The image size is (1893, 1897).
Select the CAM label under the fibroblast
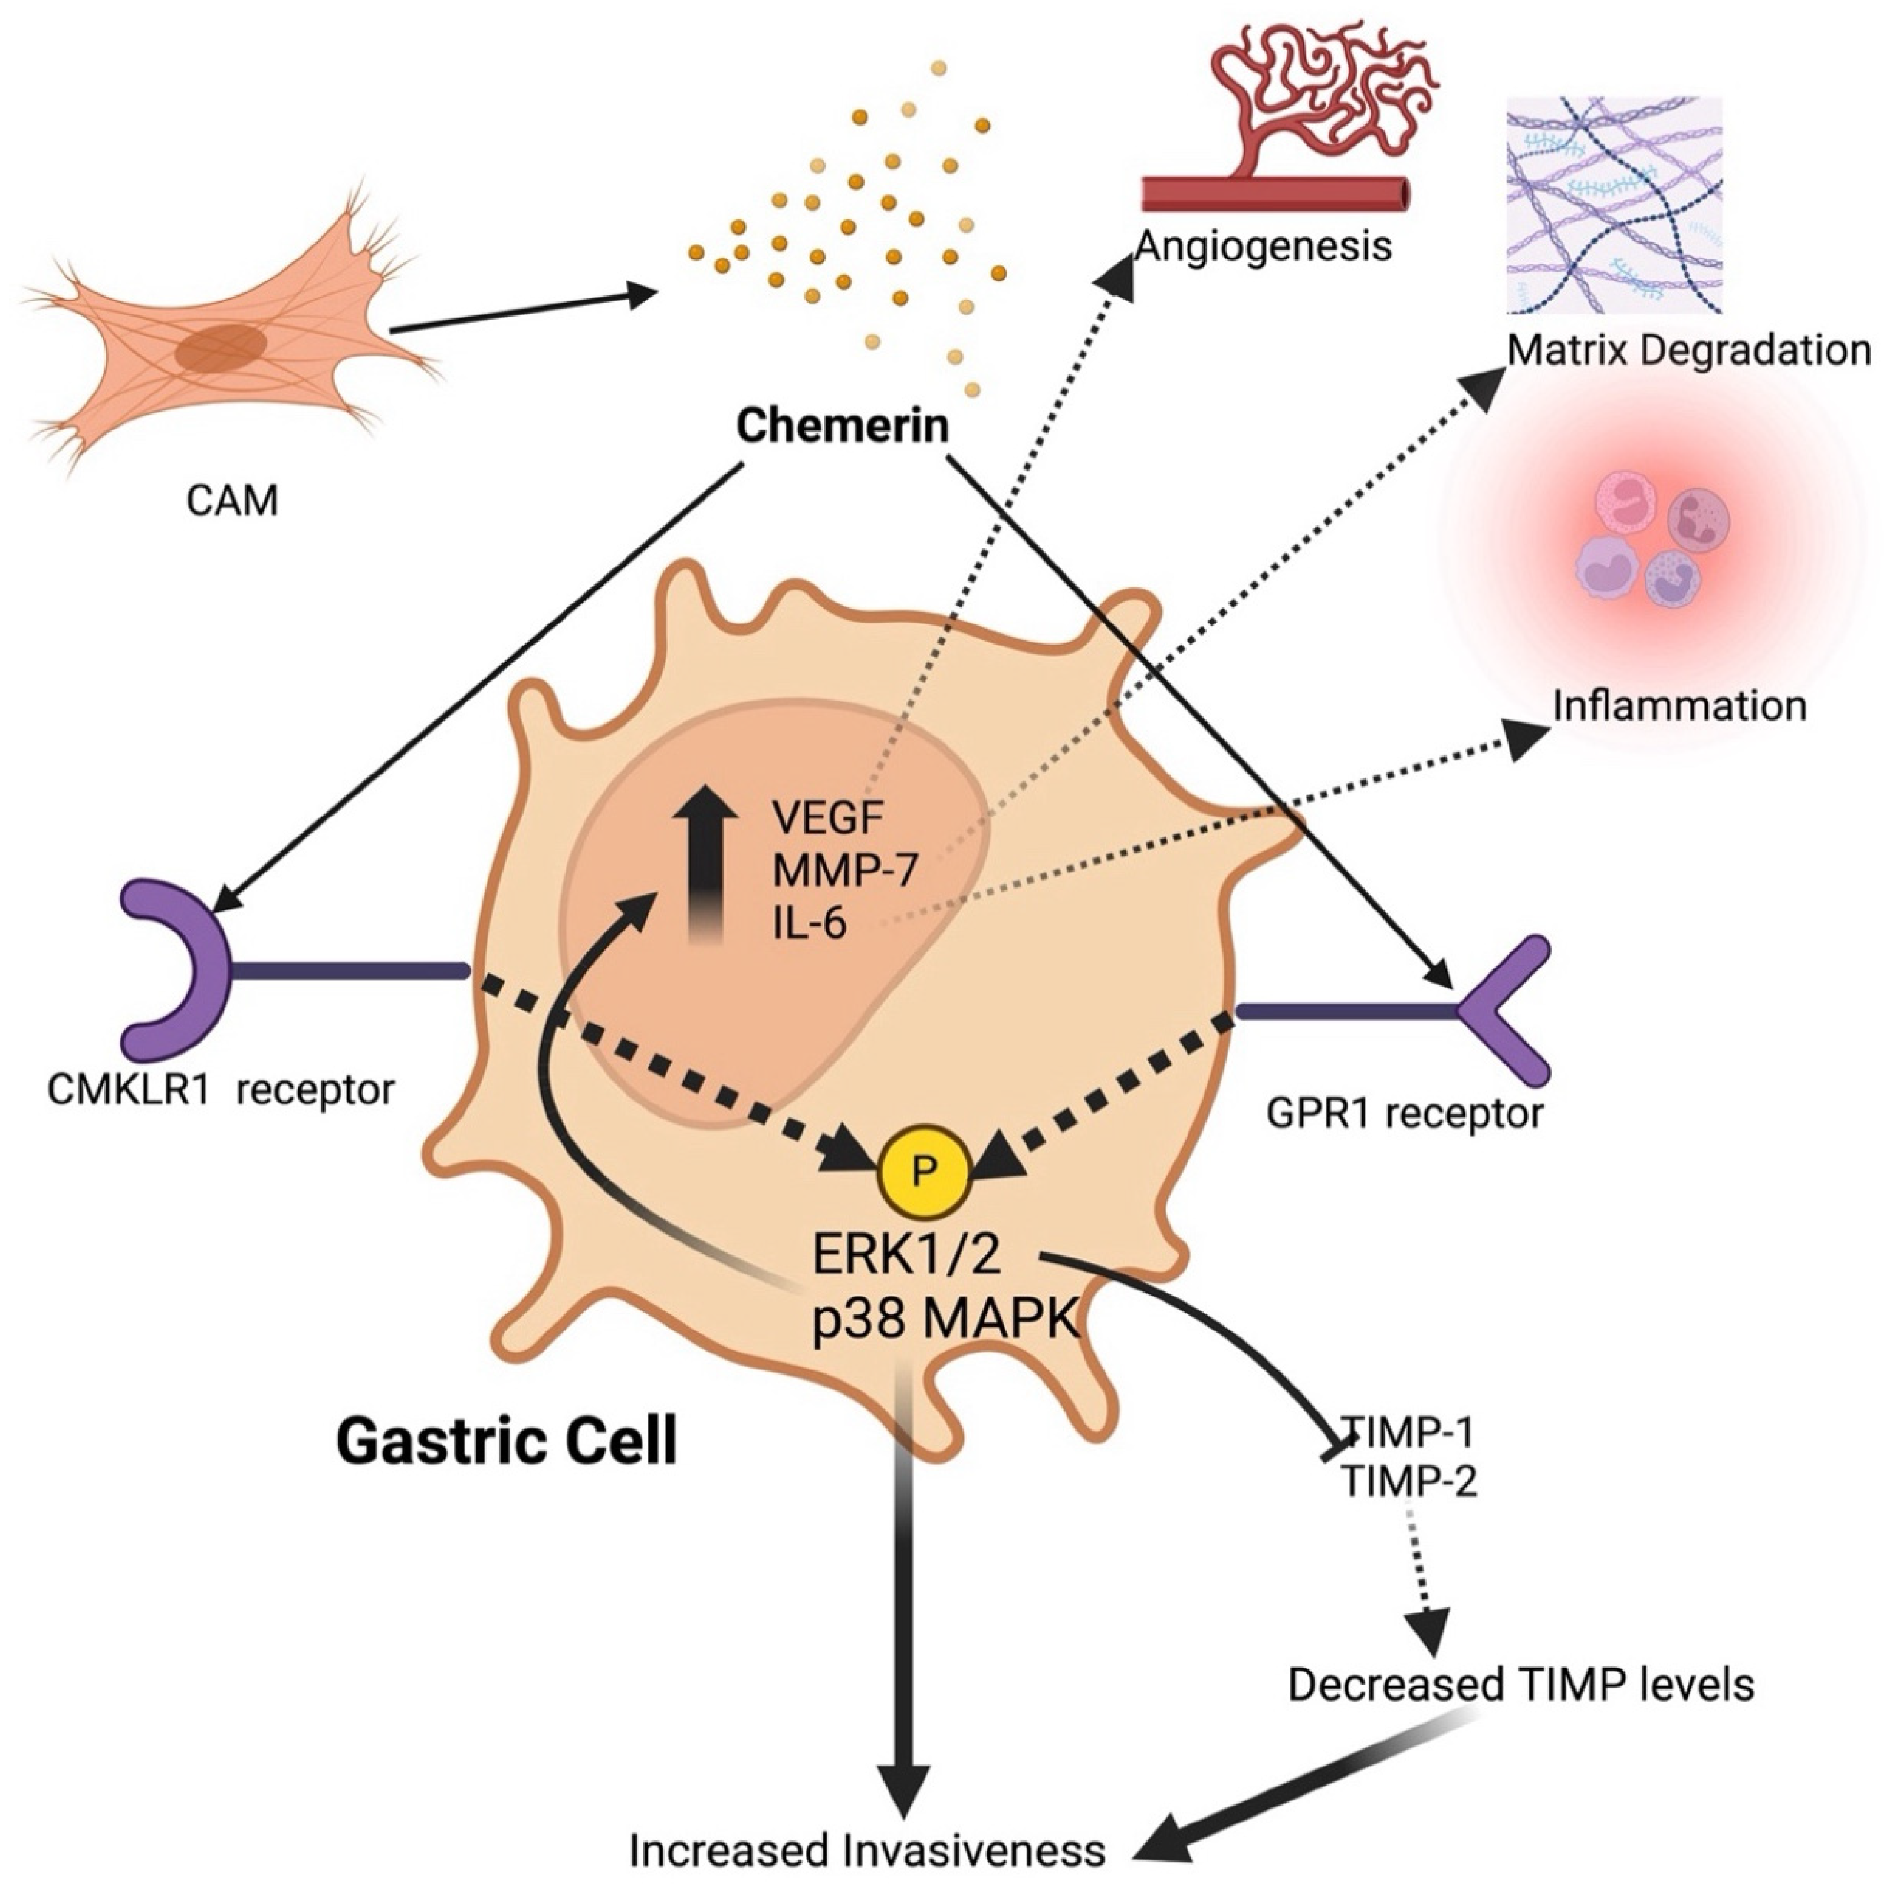(x=233, y=501)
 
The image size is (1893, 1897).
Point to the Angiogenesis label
(x=1264, y=245)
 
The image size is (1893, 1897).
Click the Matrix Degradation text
(x=1689, y=350)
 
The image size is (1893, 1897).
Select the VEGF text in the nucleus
(x=829, y=816)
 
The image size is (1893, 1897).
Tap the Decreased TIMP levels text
(x=1520, y=1685)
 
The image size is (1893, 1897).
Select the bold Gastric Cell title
(x=507, y=1441)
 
